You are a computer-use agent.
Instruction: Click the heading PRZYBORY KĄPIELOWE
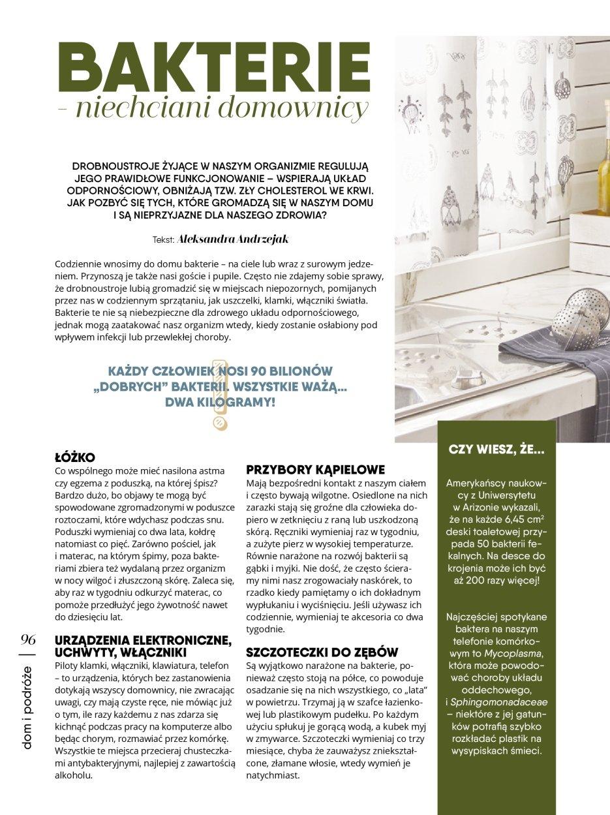316,469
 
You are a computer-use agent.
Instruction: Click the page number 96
28,638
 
